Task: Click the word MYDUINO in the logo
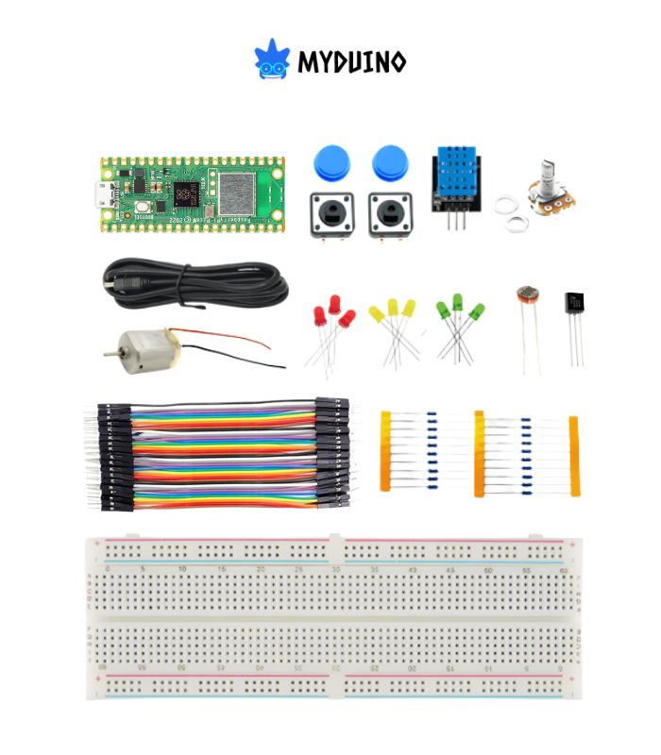351,63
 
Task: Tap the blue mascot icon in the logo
271,59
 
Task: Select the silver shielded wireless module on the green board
232,193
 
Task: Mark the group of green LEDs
459,316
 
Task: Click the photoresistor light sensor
528,302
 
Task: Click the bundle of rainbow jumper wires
223,454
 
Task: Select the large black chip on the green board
186,194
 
